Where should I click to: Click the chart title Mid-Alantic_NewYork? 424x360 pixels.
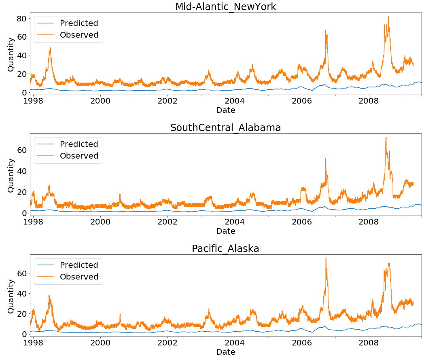(225, 7)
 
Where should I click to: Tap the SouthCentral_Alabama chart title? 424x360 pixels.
(225, 128)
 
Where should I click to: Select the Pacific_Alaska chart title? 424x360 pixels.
(225, 249)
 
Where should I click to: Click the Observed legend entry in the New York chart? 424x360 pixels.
(79, 35)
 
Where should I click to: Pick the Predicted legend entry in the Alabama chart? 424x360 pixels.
(79, 144)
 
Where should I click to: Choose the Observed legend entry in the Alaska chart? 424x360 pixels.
(79, 277)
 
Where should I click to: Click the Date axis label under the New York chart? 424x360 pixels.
(225, 110)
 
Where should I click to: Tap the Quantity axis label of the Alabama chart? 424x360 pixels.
(11, 175)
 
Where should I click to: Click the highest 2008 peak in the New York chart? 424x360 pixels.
(388, 17)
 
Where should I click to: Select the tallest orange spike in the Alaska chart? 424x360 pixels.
(326, 258)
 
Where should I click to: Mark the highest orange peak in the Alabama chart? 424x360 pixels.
(386, 138)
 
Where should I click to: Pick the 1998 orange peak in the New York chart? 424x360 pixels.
(50, 48)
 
